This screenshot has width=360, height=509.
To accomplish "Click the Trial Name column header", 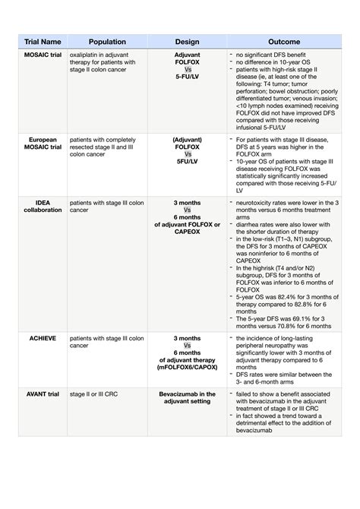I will [x=43, y=42].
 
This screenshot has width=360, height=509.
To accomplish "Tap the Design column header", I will [x=187, y=42].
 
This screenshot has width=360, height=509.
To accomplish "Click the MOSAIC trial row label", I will [x=43, y=55].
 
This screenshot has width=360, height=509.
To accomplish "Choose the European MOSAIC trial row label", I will [x=43, y=144].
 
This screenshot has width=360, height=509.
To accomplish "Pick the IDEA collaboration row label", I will [x=43, y=207].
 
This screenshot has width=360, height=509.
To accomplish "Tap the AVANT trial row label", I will [x=43, y=394].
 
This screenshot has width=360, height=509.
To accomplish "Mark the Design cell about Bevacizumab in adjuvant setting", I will [x=187, y=398].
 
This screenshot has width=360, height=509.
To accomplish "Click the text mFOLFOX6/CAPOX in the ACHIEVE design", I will [x=187, y=366].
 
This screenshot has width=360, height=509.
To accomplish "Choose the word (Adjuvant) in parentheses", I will [x=187, y=139].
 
